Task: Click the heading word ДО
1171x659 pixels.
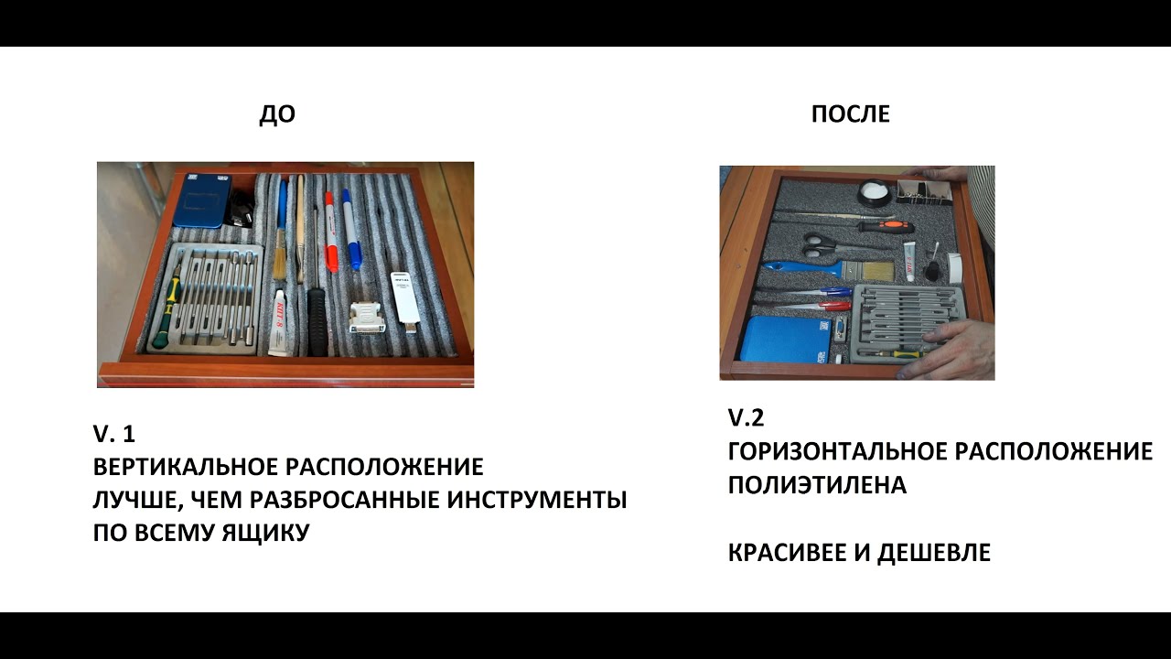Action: pyautogui.click(x=277, y=114)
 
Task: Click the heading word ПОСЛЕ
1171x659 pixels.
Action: pyautogui.click(x=851, y=114)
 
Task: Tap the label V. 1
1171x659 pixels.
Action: pyautogui.click(x=114, y=434)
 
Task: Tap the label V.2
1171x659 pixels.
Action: pyautogui.click(x=746, y=417)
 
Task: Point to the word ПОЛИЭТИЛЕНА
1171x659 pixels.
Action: pyautogui.click(x=817, y=485)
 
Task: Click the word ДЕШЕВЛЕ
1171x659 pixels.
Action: pyautogui.click(x=934, y=553)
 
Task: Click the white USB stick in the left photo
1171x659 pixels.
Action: pyautogui.click(x=404, y=301)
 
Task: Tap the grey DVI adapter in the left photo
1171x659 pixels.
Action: pyautogui.click(x=368, y=317)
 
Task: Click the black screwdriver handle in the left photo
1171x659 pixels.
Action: pyautogui.click(x=316, y=320)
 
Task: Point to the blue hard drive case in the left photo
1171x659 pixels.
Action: pyautogui.click(x=199, y=199)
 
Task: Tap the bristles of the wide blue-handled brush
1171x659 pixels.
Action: pyautogui.click(x=877, y=271)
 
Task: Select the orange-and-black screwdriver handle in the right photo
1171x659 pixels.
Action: pyautogui.click(x=887, y=226)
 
